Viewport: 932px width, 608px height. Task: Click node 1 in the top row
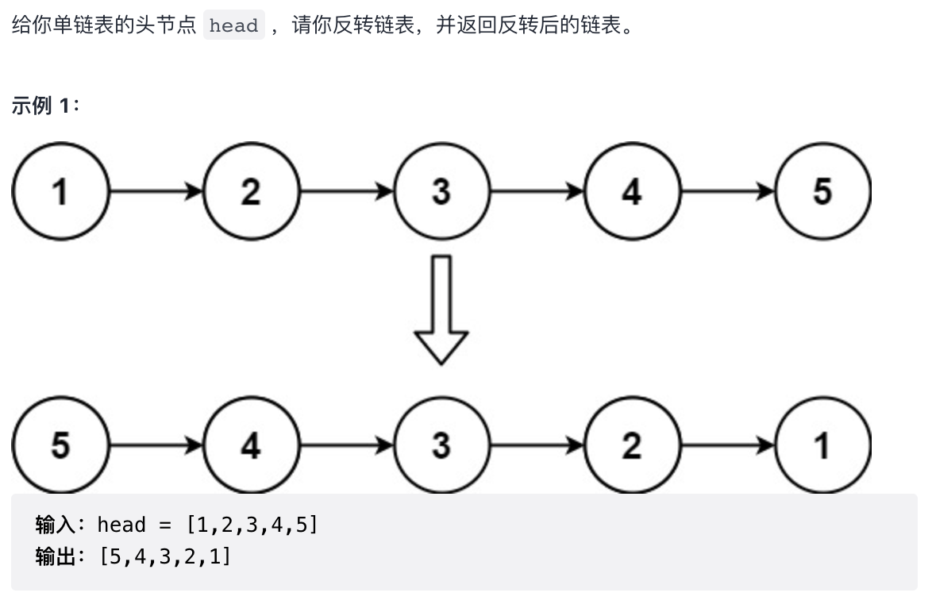tap(60, 192)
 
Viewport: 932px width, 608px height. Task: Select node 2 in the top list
tap(251, 192)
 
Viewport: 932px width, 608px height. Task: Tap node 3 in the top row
tap(441, 192)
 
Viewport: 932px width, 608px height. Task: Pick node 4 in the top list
tap(632, 192)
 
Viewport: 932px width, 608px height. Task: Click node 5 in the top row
tap(822, 192)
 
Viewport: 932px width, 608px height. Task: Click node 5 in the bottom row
tap(60, 446)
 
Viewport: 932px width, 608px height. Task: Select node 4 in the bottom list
tap(251, 446)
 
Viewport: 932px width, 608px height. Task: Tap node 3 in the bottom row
tap(441, 446)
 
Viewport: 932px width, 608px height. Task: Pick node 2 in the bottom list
tap(632, 446)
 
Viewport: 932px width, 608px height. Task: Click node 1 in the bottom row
tap(822, 446)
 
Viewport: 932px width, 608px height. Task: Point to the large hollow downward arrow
tap(441, 310)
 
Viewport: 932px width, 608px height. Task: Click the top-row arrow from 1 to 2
tap(156, 192)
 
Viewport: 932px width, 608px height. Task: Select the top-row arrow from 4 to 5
tap(727, 192)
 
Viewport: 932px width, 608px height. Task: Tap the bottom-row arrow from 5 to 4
tap(156, 446)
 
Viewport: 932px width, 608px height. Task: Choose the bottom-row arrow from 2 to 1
tap(727, 446)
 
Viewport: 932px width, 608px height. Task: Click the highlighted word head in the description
tap(233, 25)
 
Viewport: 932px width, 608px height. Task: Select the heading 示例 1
tap(45, 106)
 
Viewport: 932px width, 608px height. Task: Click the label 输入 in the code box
tap(55, 525)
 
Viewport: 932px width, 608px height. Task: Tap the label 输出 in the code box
tap(55, 557)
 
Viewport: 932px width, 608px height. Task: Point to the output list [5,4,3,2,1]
tap(165, 557)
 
